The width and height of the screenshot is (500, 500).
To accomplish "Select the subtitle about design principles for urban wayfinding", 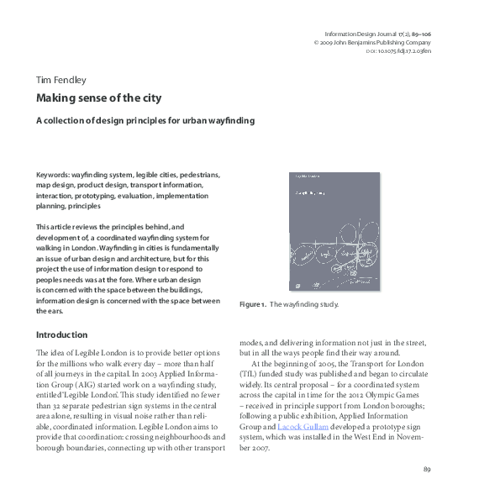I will [145, 120].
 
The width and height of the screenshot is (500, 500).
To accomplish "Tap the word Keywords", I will [53, 175].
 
